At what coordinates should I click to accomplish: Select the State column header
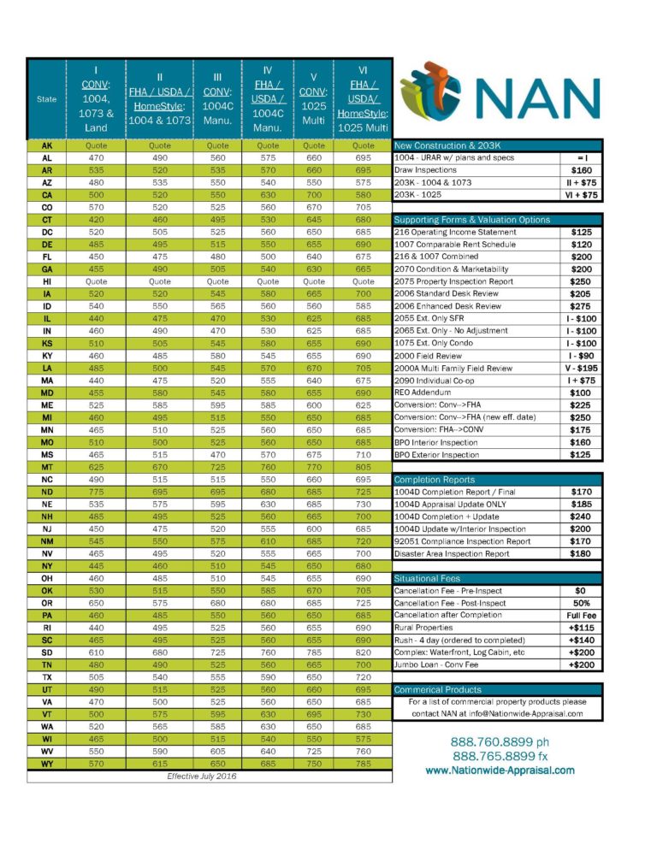tap(46, 99)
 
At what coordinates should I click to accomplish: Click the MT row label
tap(46, 468)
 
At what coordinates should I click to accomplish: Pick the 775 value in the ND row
tap(97, 492)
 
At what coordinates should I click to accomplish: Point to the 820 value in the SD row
tap(364, 652)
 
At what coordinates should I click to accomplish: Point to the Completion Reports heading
tap(434, 480)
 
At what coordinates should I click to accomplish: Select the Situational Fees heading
tap(429, 579)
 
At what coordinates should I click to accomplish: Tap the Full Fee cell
tap(582, 615)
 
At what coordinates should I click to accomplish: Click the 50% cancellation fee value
tap(582, 603)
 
